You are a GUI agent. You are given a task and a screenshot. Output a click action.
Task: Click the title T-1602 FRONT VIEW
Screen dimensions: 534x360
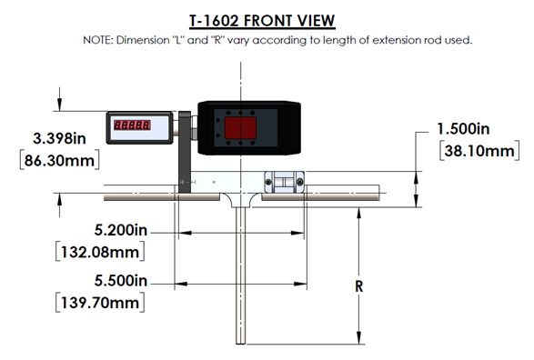point(262,21)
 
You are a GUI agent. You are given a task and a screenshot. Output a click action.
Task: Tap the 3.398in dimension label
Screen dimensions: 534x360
point(59,138)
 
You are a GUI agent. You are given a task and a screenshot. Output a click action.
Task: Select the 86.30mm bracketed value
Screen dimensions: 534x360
point(60,160)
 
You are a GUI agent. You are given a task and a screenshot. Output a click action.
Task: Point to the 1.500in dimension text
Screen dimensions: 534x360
point(463,129)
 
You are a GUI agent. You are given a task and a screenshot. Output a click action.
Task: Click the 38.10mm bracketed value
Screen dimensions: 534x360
point(479,151)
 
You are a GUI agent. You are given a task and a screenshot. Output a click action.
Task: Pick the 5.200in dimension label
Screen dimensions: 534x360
point(121,230)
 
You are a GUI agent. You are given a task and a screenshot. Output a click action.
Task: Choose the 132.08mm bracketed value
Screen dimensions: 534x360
point(100,252)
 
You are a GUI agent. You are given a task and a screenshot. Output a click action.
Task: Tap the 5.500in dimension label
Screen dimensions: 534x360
point(121,281)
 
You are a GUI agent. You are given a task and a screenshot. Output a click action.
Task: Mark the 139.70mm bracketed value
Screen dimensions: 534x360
point(100,303)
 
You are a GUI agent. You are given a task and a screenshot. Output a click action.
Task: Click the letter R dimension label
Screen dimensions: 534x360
point(359,286)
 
